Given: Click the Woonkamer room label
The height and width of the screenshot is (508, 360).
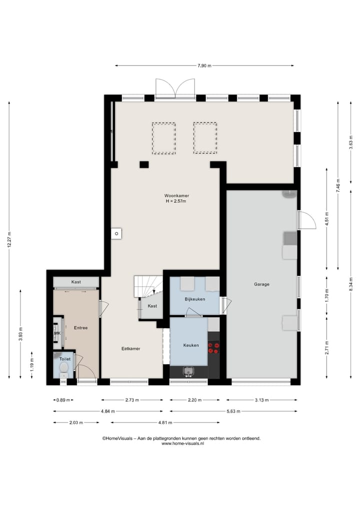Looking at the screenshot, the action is [x=176, y=196].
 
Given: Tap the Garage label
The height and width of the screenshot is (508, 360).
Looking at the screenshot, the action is [x=261, y=284].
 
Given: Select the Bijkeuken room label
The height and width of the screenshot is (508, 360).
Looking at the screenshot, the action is [x=195, y=299].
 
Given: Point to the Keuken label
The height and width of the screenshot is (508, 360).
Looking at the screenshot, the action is [x=191, y=345].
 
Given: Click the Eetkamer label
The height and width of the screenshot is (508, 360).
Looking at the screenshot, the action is [x=130, y=349].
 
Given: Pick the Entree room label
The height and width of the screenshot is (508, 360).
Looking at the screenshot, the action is [x=81, y=328].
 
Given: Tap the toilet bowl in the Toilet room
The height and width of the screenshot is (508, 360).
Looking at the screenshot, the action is [x=64, y=368].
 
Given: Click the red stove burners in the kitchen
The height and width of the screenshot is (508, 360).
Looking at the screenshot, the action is [x=213, y=347].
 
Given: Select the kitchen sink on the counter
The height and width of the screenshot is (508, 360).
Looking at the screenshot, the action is [x=188, y=371].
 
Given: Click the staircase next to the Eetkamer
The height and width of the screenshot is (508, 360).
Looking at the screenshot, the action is [x=148, y=286].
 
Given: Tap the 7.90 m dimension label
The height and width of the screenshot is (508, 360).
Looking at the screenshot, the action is [x=204, y=66].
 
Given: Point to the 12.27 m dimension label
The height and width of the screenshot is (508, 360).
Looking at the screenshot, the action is [x=9, y=240].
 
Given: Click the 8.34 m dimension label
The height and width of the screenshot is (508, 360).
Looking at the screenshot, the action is [x=351, y=284].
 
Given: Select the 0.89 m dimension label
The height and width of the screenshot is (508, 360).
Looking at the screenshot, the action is [x=63, y=400].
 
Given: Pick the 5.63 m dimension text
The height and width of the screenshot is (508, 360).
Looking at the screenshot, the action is [x=233, y=412].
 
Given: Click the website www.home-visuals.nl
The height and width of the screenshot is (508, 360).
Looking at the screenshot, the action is [x=182, y=444].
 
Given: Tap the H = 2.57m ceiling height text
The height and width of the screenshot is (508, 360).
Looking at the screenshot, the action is [x=176, y=201].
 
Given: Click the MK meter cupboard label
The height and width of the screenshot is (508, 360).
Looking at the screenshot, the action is [x=57, y=333].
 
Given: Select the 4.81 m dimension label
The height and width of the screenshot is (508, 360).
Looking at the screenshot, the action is [x=165, y=423].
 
